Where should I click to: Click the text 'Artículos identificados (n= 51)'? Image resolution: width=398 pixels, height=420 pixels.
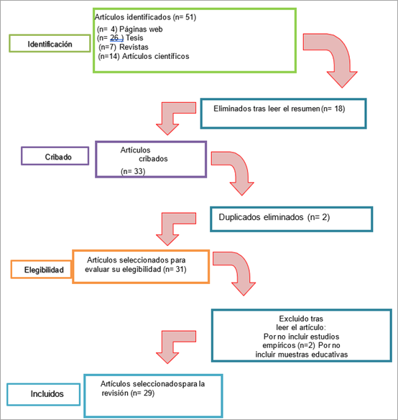tap(145, 17)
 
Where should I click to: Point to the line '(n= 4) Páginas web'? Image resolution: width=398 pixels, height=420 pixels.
tap(130, 29)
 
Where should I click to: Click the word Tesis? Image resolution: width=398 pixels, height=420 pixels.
tap(134, 38)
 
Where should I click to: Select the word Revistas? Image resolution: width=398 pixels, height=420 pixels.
tap(134, 47)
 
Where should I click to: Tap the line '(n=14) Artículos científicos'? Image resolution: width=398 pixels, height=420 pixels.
tap(144, 56)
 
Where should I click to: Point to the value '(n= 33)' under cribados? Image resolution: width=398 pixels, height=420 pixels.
tap(133, 171)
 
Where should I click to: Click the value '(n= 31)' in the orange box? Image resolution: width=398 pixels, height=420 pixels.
tap(175, 269)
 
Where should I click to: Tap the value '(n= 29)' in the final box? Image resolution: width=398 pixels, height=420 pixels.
tap(143, 393)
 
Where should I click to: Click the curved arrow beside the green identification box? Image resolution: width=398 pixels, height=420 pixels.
tap(339, 53)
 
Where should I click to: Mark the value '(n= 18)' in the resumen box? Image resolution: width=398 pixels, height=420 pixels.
tap(333, 109)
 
